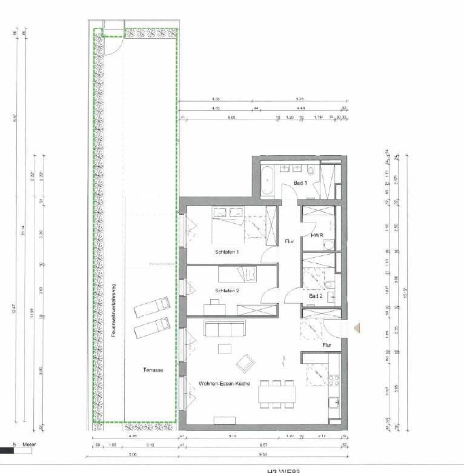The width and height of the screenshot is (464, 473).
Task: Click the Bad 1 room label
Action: coord(301,183)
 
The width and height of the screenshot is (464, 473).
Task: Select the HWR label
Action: coord(316,235)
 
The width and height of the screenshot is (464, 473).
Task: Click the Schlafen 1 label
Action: coord(227,252)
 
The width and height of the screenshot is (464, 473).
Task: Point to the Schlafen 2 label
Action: coord(227,291)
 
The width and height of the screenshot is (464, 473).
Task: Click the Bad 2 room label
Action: coord(316,296)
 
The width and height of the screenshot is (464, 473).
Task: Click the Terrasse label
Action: coord(153,370)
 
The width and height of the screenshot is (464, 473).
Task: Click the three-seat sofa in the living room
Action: coord(225,329)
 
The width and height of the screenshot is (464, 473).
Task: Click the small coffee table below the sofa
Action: coord(225,349)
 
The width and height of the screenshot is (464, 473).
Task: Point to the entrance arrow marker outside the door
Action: coord(357,328)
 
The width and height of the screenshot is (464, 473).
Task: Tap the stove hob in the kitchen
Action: coord(333,380)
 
